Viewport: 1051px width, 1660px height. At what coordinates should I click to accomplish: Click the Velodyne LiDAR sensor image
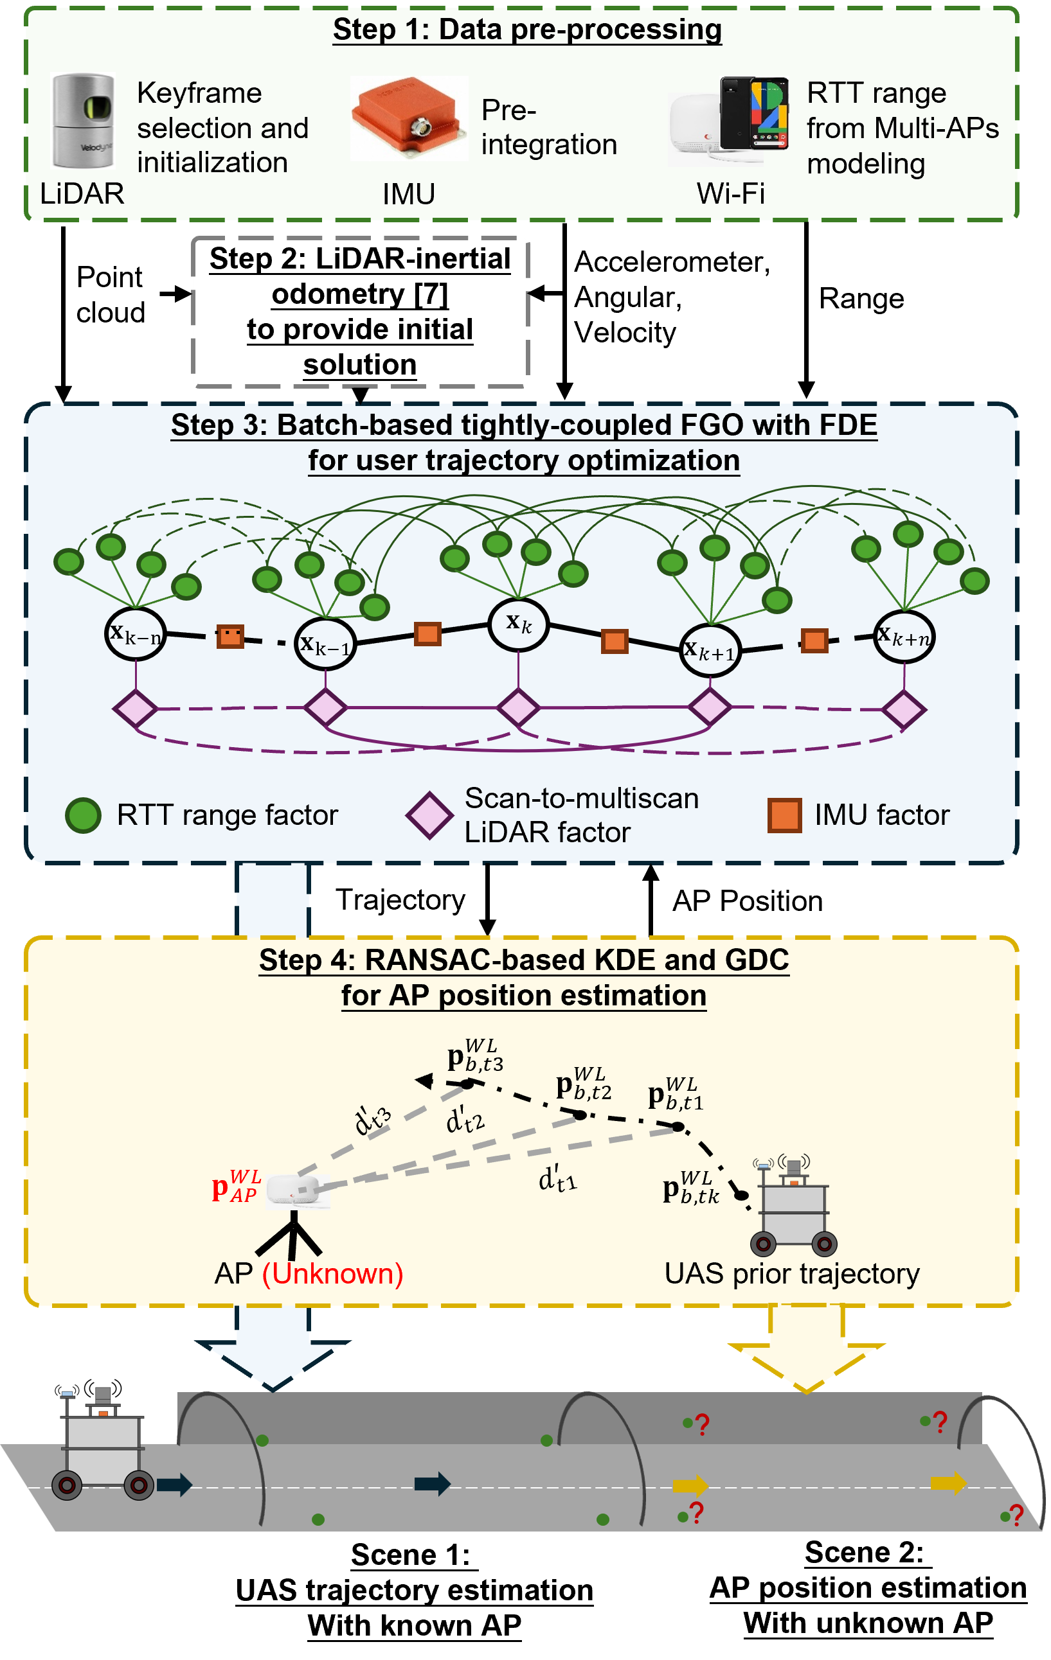[84, 120]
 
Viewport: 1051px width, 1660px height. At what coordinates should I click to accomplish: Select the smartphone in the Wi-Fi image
[755, 114]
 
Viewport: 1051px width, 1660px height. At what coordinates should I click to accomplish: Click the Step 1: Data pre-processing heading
[527, 30]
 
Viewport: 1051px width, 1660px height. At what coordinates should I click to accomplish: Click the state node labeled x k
[519, 624]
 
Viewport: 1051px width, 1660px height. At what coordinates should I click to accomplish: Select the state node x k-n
[136, 633]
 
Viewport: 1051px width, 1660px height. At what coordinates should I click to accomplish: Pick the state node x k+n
[904, 636]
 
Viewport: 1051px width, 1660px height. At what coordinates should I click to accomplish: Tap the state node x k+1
[710, 650]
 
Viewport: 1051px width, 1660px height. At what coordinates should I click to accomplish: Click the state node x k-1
[325, 644]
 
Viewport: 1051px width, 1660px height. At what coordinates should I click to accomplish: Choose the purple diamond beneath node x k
[519, 708]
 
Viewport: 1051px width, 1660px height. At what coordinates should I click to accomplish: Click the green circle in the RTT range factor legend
[84, 815]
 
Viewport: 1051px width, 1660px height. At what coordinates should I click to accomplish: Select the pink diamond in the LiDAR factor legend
[429, 815]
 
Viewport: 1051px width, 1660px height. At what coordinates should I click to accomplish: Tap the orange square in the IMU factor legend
[785, 815]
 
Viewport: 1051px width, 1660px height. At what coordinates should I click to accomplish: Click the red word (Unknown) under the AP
[332, 1274]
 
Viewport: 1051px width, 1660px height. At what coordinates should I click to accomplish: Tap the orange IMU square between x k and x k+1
[615, 641]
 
